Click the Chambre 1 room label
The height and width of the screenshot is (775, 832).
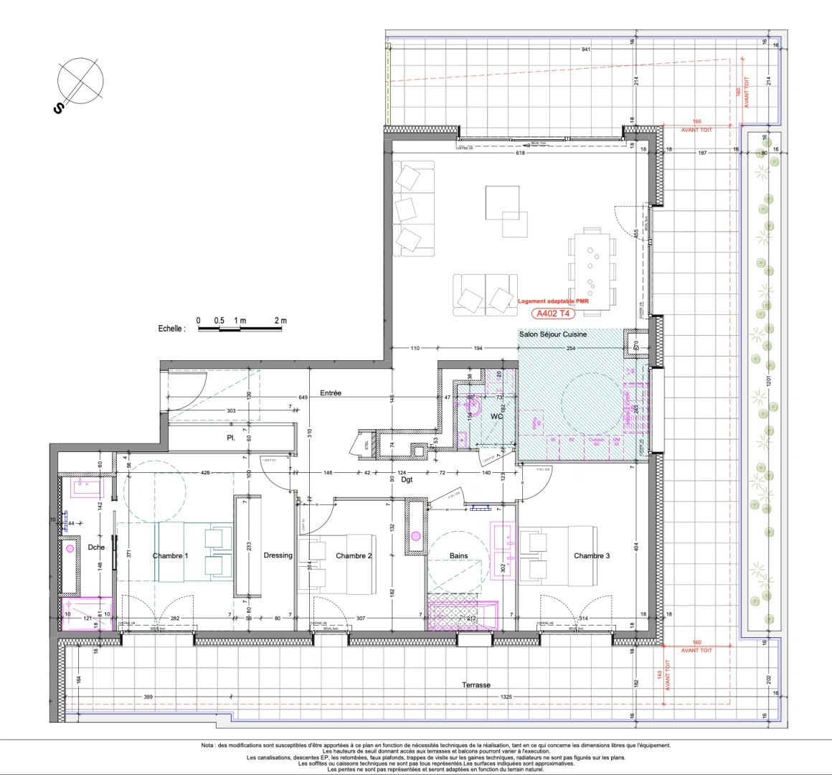pyautogui.click(x=170, y=556)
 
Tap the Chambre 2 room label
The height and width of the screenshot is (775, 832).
pyautogui.click(x=354, y=556)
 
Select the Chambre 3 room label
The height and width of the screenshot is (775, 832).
pyautogui.click(x=592, y=556)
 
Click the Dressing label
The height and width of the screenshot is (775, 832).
pyautogui.click(x=278, y=555)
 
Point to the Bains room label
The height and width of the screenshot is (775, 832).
pyautogui.click(x=459, y=556)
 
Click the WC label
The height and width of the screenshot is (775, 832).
pyautogui.click(x=496, y=417)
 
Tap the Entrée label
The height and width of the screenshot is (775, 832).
pyautogui.click(x=331, y=393)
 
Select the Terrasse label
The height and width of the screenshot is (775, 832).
pyautogui.click(x=476, y=685)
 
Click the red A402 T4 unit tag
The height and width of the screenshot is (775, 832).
pyautogui.click(x=554, y=313)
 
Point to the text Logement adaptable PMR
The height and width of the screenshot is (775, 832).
pyautogui.click(x=553, y=302)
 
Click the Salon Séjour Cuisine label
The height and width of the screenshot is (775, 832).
pyautogui.click(x=552, y=334)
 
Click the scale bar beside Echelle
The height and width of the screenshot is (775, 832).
pyautogui.click(x=241, y=329)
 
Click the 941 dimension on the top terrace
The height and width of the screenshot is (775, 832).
pyautogui.click(x=586, y=50)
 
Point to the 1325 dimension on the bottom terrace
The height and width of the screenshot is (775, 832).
pyautogui.click(x=506, y=697)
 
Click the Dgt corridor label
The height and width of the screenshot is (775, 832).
pyautogui.click(x=407, y=479)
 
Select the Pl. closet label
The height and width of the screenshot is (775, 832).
pyautogui.click(x=231, y=437)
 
